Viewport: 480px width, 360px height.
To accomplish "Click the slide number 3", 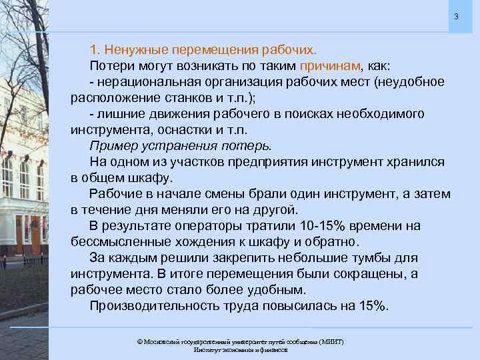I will click(x=457, y=16).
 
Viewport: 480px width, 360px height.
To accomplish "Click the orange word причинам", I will click(x=330, y=66).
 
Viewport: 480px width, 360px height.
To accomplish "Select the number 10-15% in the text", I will click(x=322, y=226).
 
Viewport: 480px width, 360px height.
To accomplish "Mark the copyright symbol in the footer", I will click(x=140, y=341).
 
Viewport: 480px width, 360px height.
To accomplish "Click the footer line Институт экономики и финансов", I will click(x=240, y=350).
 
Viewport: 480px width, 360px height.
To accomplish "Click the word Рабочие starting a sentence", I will click(x=114, y=194).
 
